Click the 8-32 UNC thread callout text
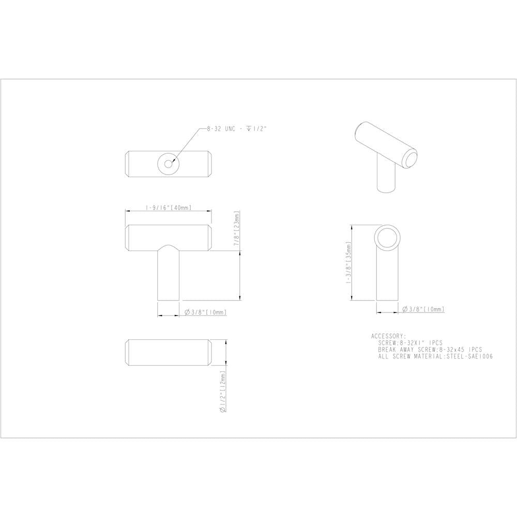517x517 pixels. [236, 129]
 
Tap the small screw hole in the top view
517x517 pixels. [169, 164]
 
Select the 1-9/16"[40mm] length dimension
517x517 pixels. [169, 208]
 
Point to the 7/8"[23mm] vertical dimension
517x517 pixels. [236, 228]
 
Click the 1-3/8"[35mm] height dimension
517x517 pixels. [348, 262]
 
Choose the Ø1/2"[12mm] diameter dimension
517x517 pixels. [223, 391]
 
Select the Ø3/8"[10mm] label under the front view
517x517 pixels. [206, 312]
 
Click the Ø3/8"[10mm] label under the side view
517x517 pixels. [423, 309]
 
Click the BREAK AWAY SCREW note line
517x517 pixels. [430, 350]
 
